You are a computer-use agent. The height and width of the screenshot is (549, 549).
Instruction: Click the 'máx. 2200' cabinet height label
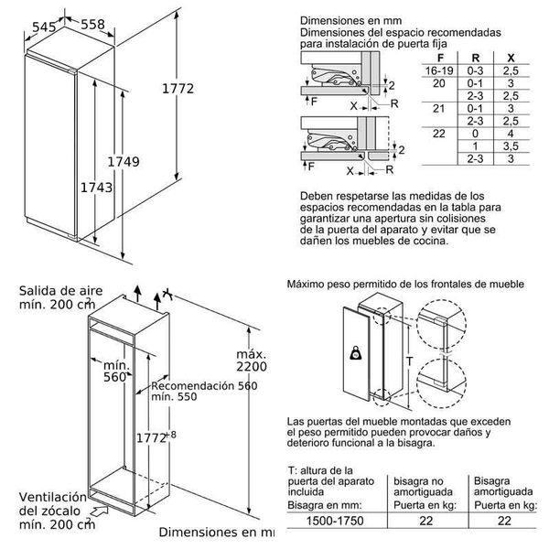pyautogui.click(x=250, y=361)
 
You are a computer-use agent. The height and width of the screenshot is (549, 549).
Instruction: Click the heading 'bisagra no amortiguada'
pyautogui.click(x=427, y=485)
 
